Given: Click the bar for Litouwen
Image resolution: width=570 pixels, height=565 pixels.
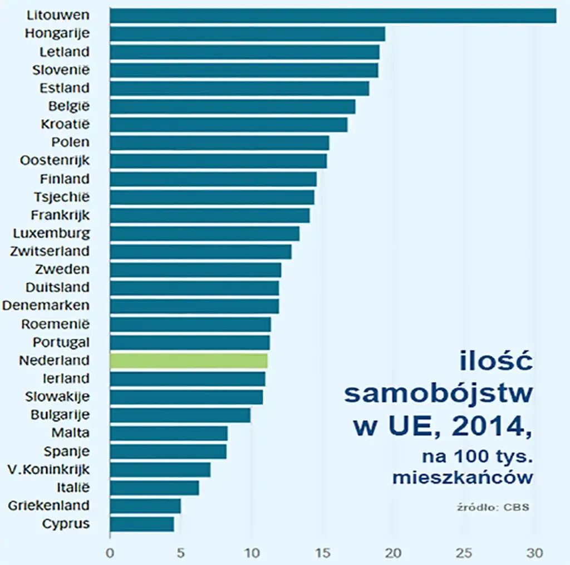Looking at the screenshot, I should point(333,16).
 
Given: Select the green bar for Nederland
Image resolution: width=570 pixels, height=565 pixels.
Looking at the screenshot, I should point(189,361).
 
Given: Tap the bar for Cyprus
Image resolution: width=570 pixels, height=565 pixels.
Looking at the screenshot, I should point(142,524).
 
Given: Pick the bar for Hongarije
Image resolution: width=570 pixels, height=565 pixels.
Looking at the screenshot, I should point(247,34).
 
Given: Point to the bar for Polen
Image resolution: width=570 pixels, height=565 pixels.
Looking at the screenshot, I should point(219,143).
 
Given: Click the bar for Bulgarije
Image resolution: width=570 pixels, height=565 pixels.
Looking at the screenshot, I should point(180,415).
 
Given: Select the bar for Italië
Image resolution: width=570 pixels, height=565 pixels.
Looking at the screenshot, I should point(154,488).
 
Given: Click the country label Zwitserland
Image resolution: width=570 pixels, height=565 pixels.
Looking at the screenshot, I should point(50,251).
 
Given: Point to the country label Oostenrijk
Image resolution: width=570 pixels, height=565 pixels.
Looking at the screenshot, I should point(55,160).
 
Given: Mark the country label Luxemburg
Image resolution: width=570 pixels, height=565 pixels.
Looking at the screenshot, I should point(51,233).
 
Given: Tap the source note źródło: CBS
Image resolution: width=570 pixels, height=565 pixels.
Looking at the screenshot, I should point(492,507).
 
